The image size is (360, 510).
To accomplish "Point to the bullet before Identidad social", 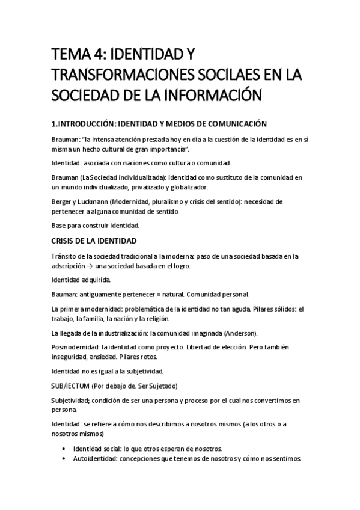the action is [x=64, y=449].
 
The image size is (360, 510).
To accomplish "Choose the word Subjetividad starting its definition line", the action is [x=72, y=399].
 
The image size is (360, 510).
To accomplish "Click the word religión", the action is [x=156, y=319].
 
